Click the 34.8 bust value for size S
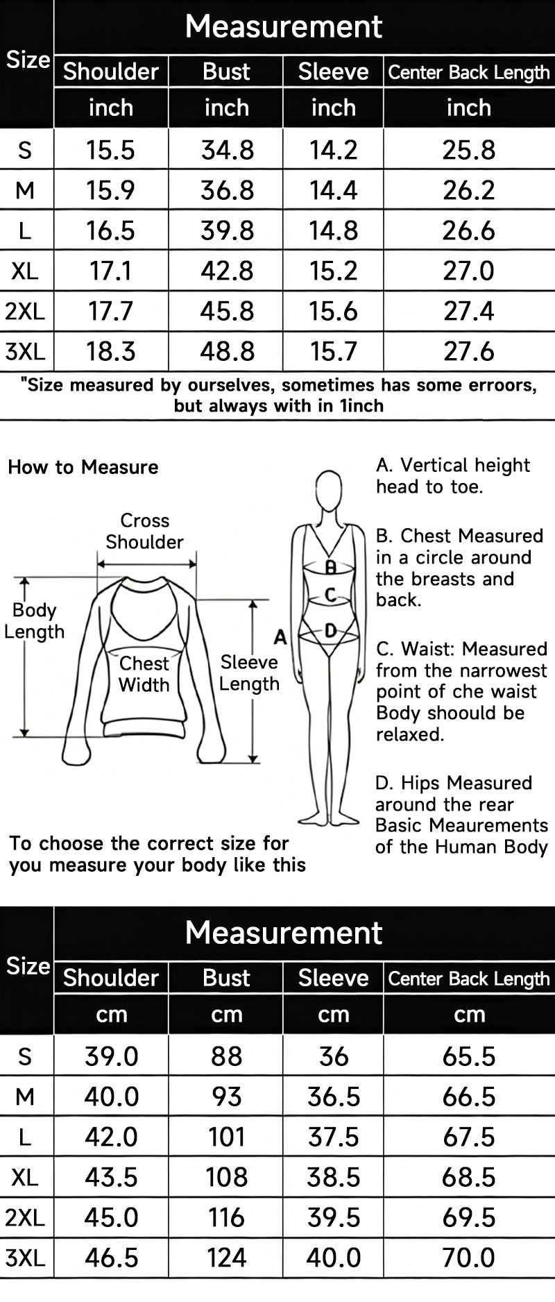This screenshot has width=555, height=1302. [x=227, y=150]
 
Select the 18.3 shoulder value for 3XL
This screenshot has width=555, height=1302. [x=111, y=351]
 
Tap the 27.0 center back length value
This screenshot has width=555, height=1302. [x=469, y=271]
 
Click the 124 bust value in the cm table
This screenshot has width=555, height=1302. [x=227, y=1257]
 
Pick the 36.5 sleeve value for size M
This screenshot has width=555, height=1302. [x=334, y=1097]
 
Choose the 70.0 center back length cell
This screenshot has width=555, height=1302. [x=469, y=1257]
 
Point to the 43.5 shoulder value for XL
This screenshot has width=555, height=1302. [x=111, y=1177]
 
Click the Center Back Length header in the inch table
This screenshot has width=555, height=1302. [x=469, y=72]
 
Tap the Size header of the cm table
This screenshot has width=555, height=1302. [x=28, y=965]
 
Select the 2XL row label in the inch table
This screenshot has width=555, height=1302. [x=25, y=311]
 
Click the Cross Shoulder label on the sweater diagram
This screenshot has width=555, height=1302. [x=144, y=531]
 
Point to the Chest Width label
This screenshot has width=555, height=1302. [x=144, y=674]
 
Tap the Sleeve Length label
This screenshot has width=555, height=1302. [x=249, y=673]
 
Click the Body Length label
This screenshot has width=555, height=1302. [x=34, y=620]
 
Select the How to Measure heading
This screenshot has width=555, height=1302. [x=83, y=467]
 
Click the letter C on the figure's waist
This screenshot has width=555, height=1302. [x=330, y=595]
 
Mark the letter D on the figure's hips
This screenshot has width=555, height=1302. [x=331, y=630]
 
